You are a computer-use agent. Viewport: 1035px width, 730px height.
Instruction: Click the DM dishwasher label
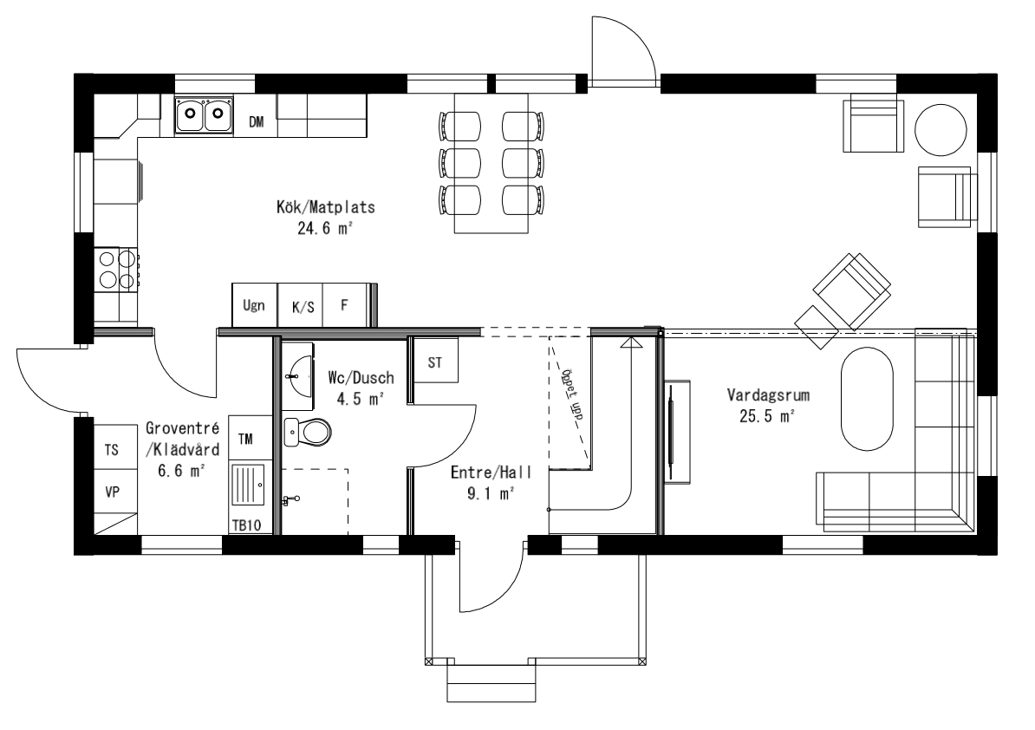coord(256,122)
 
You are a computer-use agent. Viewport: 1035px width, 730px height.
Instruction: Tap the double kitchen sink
coord(205,114)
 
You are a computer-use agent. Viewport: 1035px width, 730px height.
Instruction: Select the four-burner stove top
coord(116,268)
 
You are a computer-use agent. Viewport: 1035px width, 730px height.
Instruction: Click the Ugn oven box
coord(254,306)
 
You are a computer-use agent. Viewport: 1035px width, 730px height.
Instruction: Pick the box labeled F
coord(344,306)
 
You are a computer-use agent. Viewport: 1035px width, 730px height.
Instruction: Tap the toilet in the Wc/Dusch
coord(309,430)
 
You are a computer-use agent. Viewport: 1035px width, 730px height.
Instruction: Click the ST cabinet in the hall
coord(434,364)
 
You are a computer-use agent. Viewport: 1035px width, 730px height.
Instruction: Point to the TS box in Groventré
coord(112,450)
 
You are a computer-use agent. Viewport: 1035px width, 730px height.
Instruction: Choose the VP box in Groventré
coord(112,492)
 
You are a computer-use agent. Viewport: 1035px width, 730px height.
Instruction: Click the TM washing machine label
coord(246,440)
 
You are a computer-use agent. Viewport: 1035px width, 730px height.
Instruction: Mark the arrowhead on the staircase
coord(632,342)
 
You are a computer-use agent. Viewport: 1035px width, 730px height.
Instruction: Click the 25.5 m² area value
coord(763,416)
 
